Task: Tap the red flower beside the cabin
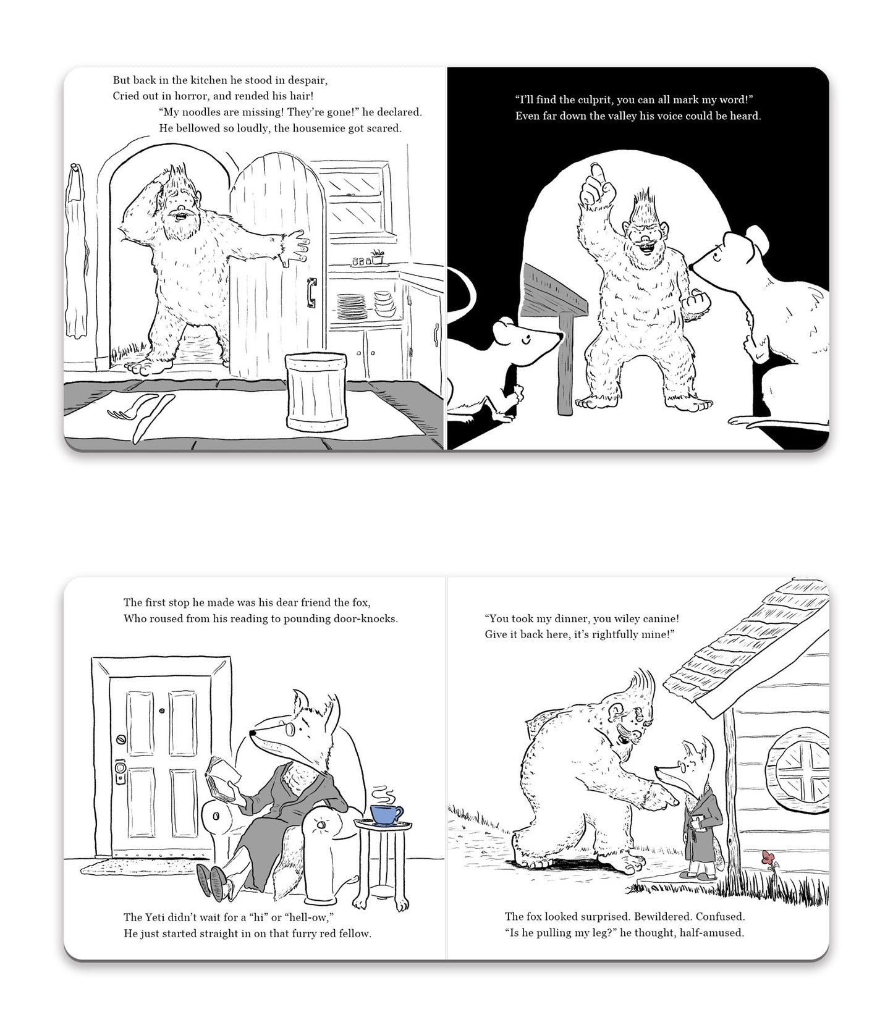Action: pyautogui.click(x=768, y=858)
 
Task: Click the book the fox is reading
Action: pyautogui.click(x=221, y=777)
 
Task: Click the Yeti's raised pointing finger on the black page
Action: pyautogui.click(x=595, y=174)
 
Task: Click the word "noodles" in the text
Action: pyautogui.click(x=196, y=112)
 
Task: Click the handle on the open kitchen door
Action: pyautogui.click(x=311, y=292)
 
